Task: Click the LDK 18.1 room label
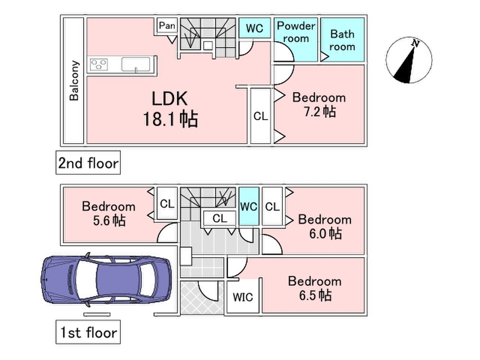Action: click(170, 108)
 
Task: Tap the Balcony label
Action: click(74, 81)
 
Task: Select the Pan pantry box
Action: click(167, 26)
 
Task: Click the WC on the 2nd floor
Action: click(255, 28)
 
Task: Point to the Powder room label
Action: click(296, 32)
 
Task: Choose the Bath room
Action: click(342, 40)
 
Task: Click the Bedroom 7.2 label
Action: click(319, 105)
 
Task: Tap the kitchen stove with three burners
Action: click(99, 64)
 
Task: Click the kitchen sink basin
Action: click(136, 64)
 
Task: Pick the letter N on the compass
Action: click(415, 43)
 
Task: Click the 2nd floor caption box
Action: click(88, 162)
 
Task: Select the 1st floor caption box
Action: click(88, 332)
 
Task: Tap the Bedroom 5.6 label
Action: click(109, 213)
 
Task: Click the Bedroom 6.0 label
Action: click(325, 226)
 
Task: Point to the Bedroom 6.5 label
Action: click(315, 288)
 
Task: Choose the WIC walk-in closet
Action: click(243, 297)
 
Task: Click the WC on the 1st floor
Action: click(249, 207)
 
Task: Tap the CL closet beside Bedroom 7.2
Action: click(260, 116)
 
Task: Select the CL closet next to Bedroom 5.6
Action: click(167, 203)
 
